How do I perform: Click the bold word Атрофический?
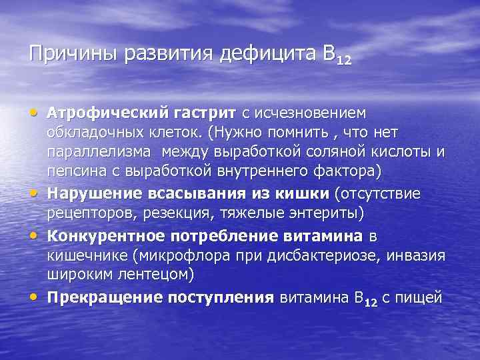point(101,114)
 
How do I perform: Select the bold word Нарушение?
point(90,193)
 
